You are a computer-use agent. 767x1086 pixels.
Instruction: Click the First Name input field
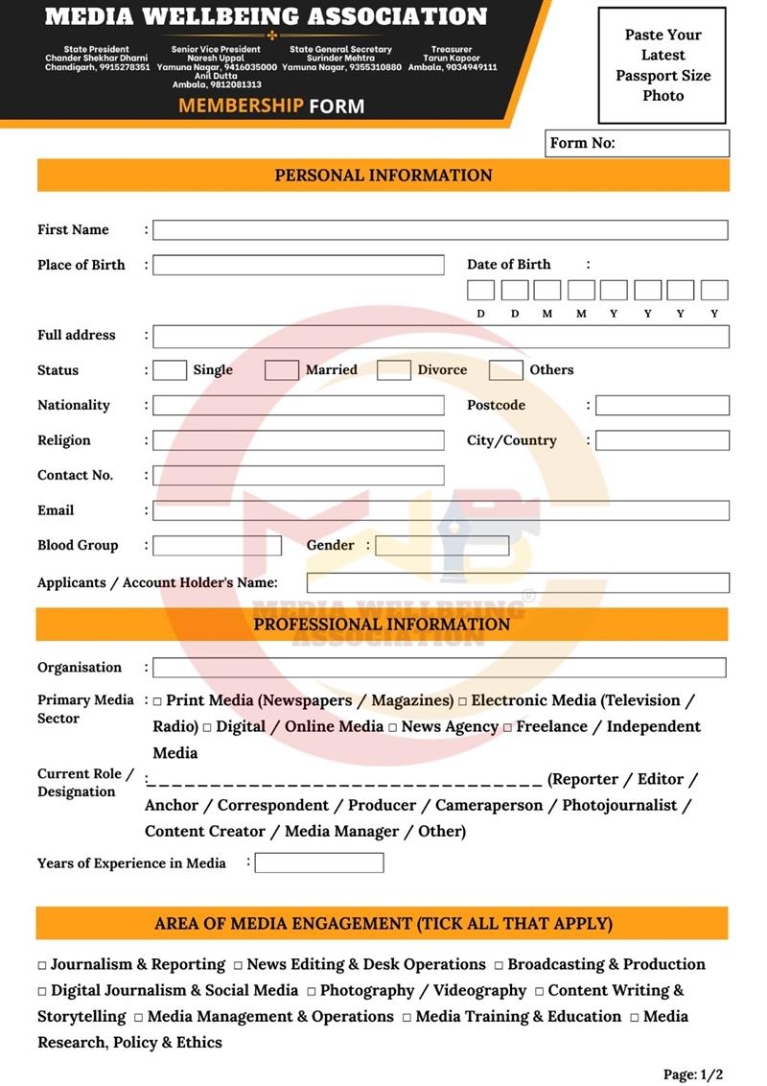coord(440,230)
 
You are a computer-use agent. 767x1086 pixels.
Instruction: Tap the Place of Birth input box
coord(298,265)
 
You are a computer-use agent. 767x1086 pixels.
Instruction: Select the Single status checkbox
coord(170,370)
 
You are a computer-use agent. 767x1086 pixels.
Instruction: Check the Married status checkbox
coord(282,370)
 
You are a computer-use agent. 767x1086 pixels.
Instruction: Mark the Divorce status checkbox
coord(394,370)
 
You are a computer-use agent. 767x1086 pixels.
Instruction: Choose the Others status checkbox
coord(506,370)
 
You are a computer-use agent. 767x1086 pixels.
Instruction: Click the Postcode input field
coord(662,406)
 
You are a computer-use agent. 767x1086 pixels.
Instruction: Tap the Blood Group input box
coord(217,546)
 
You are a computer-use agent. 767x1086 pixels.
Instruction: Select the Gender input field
coord(442,546)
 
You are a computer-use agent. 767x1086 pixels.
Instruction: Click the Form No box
coord(637,144)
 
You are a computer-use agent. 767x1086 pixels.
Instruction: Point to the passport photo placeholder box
coord(662,65)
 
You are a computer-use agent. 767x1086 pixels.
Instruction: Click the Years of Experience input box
coord(319,862)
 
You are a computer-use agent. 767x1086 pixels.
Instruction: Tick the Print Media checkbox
coord(157,702)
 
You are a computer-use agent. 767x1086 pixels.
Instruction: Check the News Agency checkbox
coord(392,728)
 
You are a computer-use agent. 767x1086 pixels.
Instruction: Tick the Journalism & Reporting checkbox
coord(42,966)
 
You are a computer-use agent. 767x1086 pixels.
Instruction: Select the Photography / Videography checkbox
coord(312,992)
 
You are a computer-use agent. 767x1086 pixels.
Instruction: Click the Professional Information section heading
coord(382,625)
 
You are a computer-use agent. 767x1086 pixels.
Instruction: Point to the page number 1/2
coord(692,1074)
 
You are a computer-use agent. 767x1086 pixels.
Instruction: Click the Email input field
coord(440,510)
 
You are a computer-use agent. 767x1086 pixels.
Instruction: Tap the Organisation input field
coord(439,668)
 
